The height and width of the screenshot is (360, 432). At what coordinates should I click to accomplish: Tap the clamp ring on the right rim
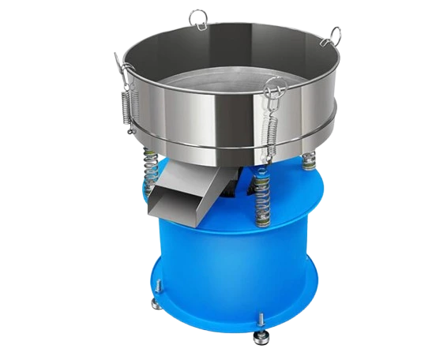335,36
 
